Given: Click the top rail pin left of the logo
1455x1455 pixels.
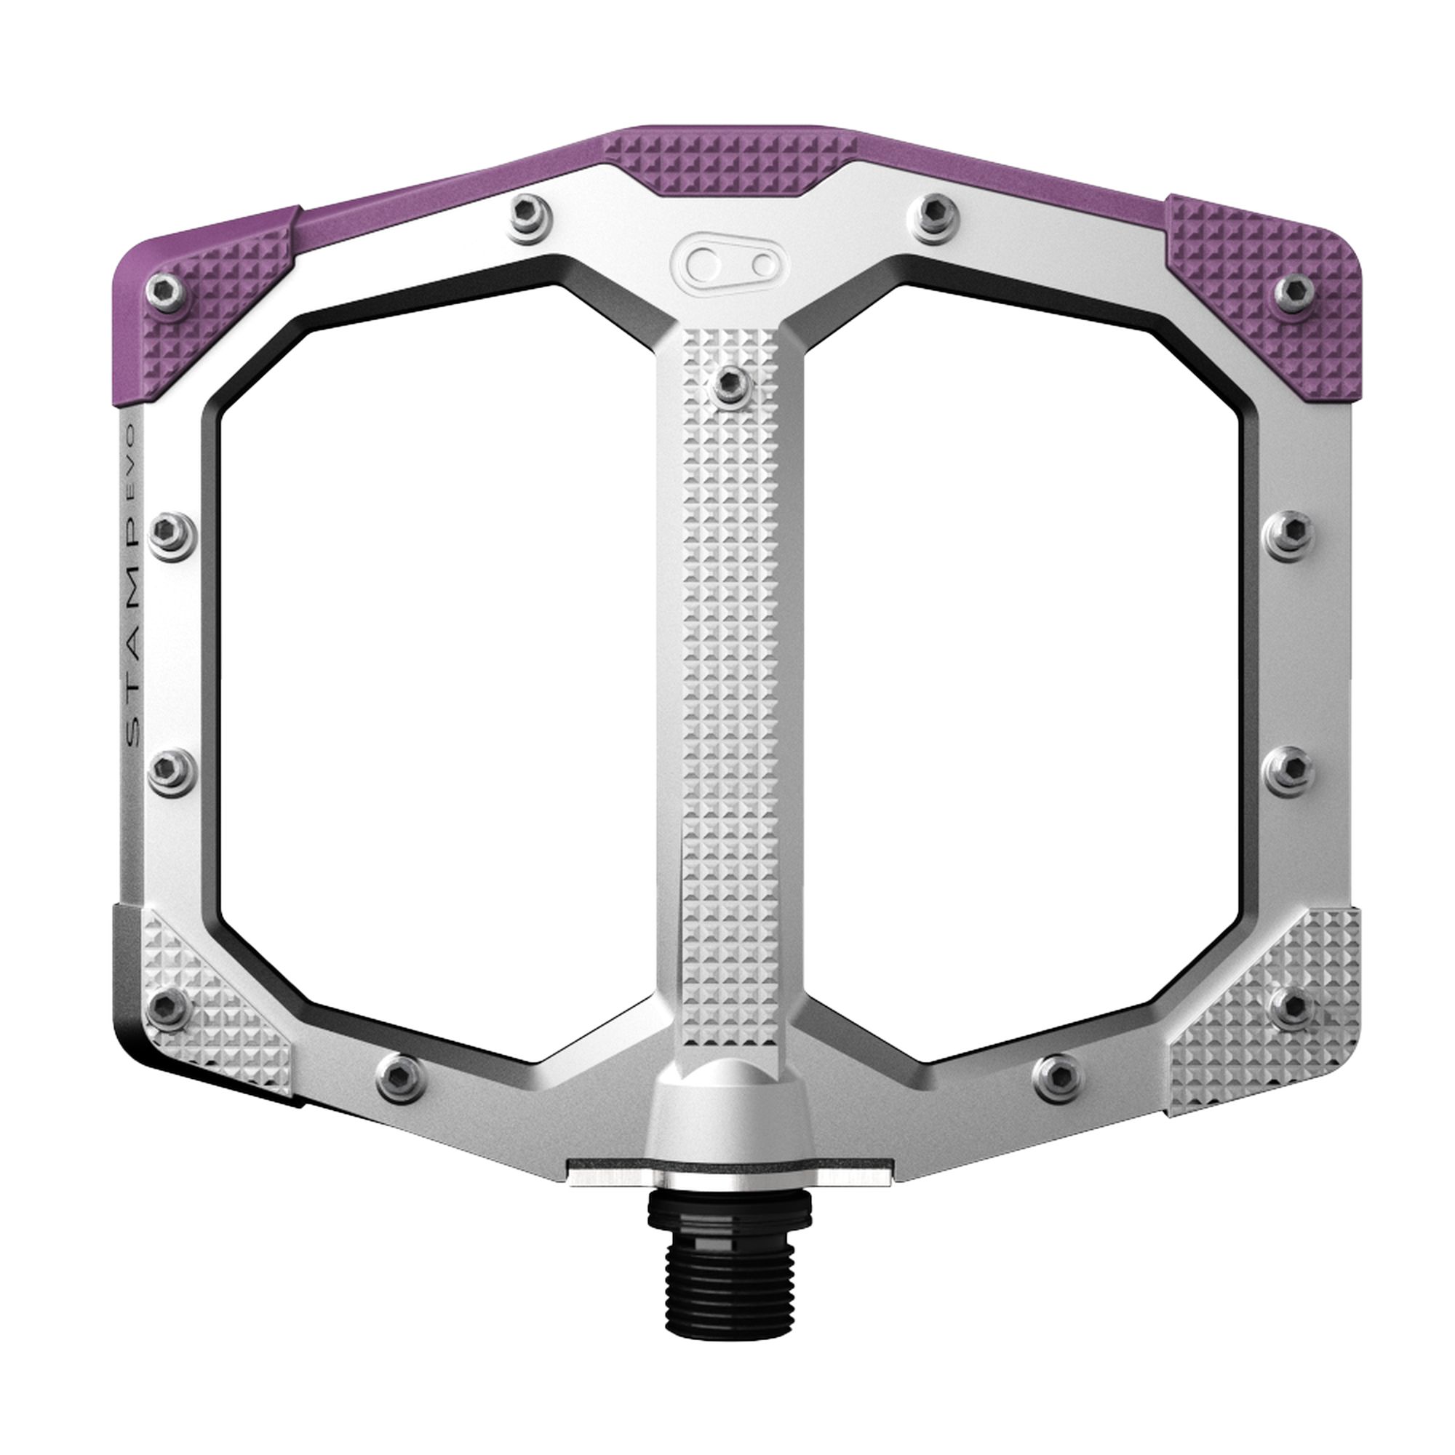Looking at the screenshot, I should click(x=529, y=215).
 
